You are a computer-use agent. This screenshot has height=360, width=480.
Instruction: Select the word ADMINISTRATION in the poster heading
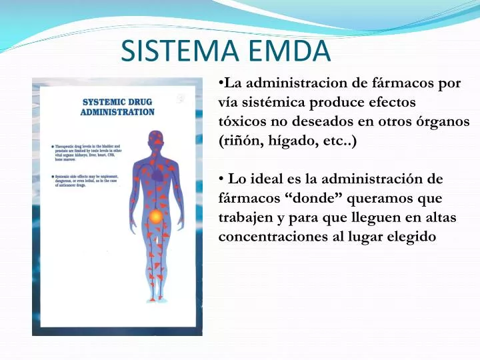coord(117,113)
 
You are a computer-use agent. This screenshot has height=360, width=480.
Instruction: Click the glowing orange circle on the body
coord(155,217)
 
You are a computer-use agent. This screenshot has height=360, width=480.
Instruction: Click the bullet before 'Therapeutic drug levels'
coord(52,146)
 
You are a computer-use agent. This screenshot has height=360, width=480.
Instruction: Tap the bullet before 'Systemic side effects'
coord(52,177)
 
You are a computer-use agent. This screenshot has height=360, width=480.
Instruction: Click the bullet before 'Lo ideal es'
coord(221,179)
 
